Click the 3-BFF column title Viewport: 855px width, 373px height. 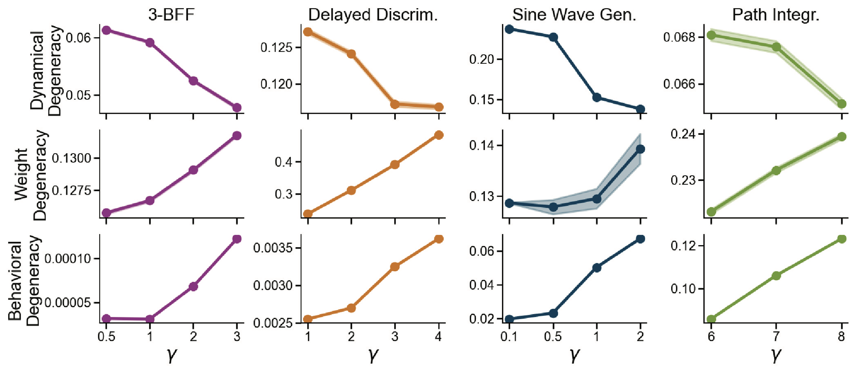pos(171,15)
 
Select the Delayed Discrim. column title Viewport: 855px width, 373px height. pos(373,15)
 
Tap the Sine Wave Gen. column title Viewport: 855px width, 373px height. pos(574,15)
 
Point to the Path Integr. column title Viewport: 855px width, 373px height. pos(775,15)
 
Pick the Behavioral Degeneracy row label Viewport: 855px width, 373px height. pos(24,280)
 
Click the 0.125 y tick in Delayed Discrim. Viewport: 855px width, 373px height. pos(277,47)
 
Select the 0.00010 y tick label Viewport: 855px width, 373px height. pos(68,259)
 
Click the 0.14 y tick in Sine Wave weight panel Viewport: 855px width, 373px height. pos(481,145)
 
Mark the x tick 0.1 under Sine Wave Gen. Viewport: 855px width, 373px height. pos(509,337)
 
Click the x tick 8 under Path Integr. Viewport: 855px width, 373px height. pos(841,337)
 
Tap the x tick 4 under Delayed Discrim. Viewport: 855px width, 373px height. pos(438,337)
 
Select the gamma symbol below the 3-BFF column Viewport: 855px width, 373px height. pos(171,354)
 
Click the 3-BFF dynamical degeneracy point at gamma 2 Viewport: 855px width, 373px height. pos(193,81)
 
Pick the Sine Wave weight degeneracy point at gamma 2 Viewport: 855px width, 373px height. pos(640,149)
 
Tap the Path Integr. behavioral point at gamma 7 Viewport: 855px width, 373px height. pos(776,275)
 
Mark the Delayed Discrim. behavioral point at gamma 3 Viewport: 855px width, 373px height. pos(395,266)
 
